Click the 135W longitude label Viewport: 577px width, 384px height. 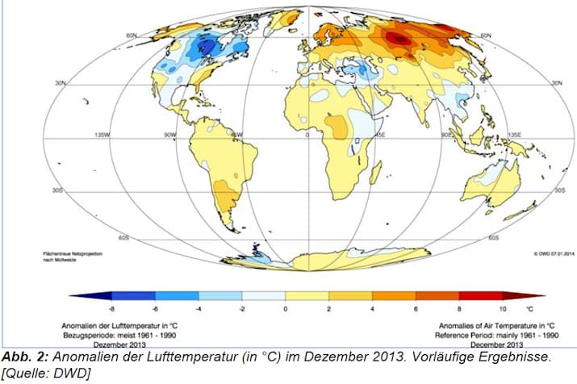pyautogui.click(x=101, y=134)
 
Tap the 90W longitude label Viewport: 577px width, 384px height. pyautogui.click(x=170, y=134)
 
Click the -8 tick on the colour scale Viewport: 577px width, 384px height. pyautogui.click(x=112, y=309)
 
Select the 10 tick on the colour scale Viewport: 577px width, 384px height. pyautogui.click(x=504, y=309)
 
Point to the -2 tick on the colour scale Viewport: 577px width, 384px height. pyautogui.click(x=242, y=309)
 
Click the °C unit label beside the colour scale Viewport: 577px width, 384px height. pyautogui.click(x=530, y=309)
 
